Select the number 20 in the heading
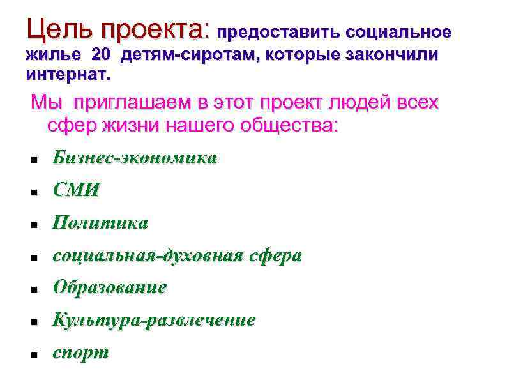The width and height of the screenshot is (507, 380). click(101, 55)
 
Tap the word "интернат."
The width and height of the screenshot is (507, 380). click(68, 75)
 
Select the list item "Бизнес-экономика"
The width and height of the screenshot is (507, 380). click(135, 158)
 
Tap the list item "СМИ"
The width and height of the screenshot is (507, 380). click(77, 190)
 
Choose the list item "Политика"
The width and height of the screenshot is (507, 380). click(100, 223)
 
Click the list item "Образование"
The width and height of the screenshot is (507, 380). click(110, 287)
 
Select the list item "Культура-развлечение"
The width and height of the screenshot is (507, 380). click(154, 320)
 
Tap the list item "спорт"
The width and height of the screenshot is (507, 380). click(81, 353)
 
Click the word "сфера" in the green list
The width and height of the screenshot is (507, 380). click(276, 255)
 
